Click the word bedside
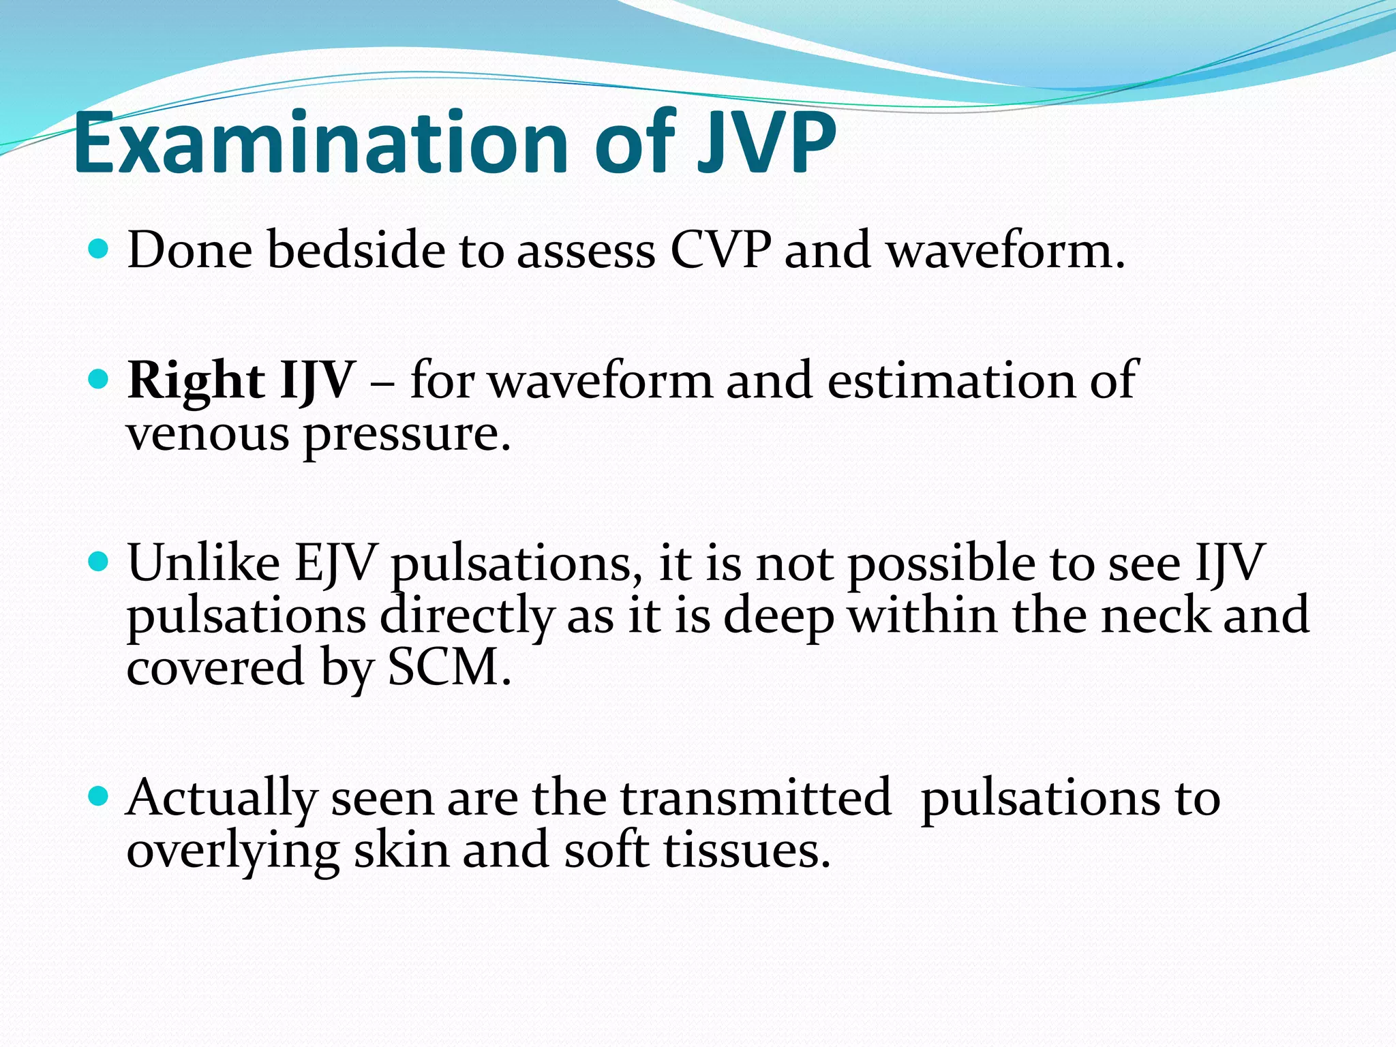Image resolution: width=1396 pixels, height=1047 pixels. pos(355,250)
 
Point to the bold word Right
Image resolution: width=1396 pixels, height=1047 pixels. pos(196,381)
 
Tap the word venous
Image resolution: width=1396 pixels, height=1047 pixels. pos(207,434)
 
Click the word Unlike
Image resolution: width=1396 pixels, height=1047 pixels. pos(203,564)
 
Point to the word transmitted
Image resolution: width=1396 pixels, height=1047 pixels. pos(755,798)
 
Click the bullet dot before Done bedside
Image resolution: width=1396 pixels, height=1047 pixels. pos(99,248)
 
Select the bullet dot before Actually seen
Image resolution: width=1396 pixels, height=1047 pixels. pos(99,795)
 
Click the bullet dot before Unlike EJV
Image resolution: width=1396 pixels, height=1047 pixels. pos(99,562)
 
